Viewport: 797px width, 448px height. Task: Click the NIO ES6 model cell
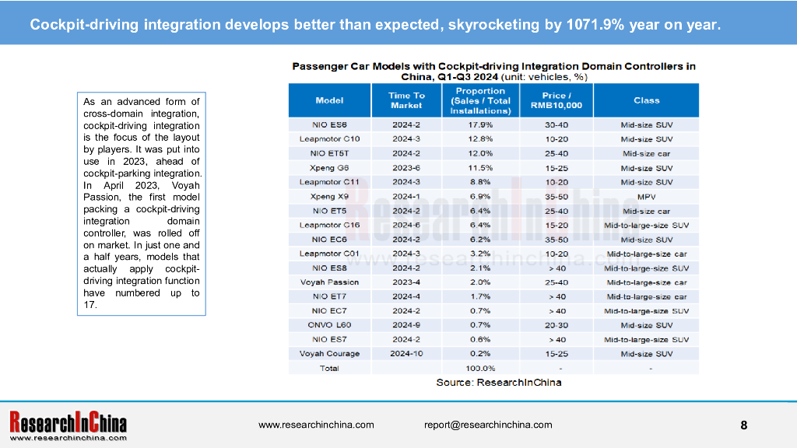tap(329, 124)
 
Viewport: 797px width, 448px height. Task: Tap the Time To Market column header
tap(406, 100)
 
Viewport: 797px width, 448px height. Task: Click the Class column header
tap(646, 100)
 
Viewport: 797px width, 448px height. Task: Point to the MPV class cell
tap(646, 196)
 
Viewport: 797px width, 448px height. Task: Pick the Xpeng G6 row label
tap(329, 167)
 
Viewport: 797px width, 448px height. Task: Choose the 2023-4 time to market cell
tap(406, 282)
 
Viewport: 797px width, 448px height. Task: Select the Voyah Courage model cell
tap(329, 354)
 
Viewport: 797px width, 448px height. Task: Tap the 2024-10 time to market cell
tap(406, 354)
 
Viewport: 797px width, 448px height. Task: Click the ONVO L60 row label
tap(329, 325)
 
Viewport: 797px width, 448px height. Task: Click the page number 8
tap(743, 425)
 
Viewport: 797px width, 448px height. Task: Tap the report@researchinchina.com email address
tap(488, 425)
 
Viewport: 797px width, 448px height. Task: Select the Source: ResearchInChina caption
tap(498, 383)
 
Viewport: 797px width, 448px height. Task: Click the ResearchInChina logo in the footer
tap(68, 425)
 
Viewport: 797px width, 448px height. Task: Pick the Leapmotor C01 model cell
tap(329, 254)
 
